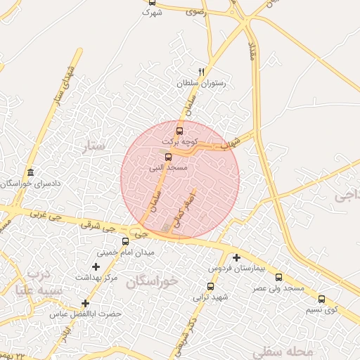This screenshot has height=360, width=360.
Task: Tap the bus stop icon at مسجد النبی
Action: click(x=167, y=157)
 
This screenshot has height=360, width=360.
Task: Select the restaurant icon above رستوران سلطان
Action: click(x=201, y=72)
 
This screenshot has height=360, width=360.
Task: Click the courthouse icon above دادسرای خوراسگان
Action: click(x=30, y=173)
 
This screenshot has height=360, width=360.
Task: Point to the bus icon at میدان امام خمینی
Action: click(x=125, y=241)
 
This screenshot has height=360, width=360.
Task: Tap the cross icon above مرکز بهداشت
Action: click(x=96, y=266)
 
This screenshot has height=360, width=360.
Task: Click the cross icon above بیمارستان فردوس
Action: click(x=236, y=258)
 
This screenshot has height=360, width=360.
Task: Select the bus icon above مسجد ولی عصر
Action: click(x=278, y=277)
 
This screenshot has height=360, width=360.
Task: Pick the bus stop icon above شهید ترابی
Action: click(x=210, y=286)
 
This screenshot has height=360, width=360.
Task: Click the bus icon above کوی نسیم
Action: click(x=322, y=299)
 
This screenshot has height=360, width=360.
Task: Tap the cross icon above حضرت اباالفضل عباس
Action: click(x=85, y=303)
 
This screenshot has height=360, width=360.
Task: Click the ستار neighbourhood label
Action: click(x=94, y=146)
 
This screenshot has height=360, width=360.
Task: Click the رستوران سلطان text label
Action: click(x=203, y=84)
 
